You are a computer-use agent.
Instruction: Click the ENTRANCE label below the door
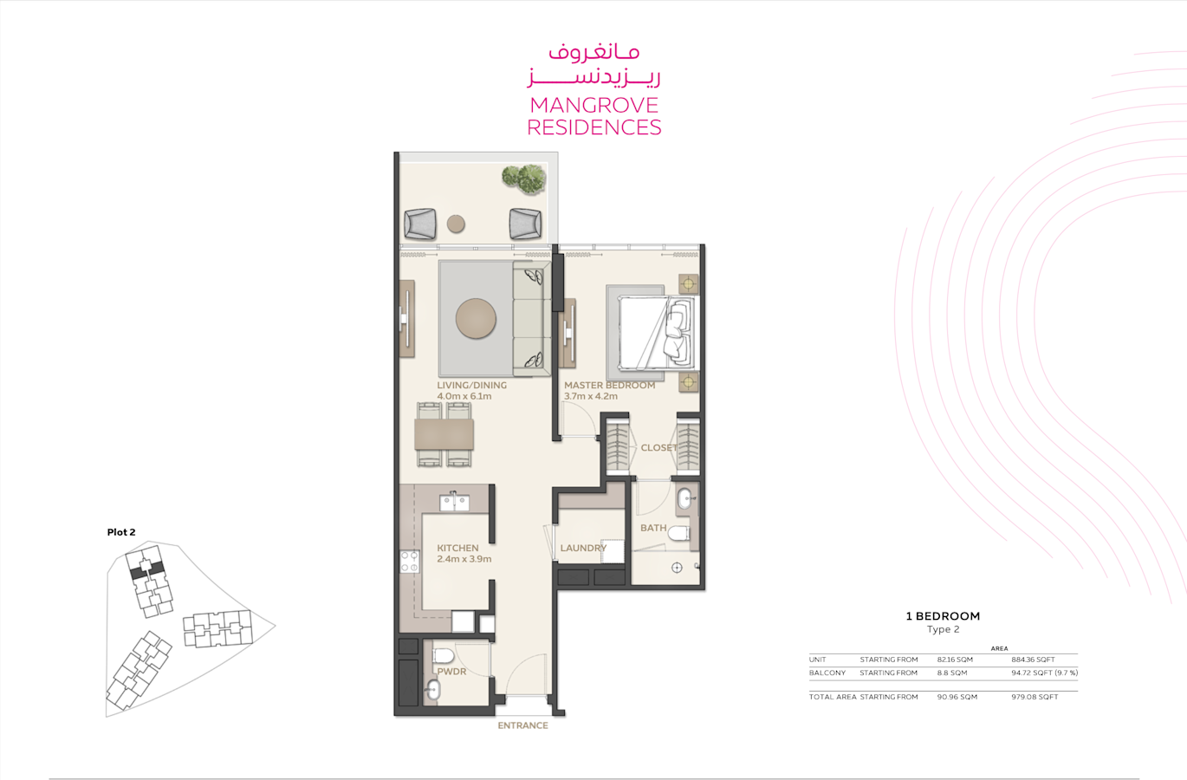coord(522,725)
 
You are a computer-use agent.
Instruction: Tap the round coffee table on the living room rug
coord(476,318)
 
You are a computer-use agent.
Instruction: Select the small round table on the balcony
coord(456,224)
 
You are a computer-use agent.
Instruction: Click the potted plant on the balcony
coord(524,179)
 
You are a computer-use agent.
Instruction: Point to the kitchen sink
coord(454,502)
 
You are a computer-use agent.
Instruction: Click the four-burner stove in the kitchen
coord(409,562)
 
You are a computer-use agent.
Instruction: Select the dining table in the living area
coord(444,434)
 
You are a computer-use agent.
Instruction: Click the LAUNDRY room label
coord(583,548)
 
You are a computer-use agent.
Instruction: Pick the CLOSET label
coord(658,448)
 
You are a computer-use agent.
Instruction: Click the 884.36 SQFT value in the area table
coord(1033,660)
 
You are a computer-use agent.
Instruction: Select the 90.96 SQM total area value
coord(957,697)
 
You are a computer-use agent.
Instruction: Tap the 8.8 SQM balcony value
coord(951,673)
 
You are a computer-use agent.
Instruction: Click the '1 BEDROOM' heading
coord(943,616)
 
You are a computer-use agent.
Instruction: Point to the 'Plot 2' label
coord(121,532)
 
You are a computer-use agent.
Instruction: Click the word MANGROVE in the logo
coord(594,105)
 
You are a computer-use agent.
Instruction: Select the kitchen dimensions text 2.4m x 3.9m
coord(464,559)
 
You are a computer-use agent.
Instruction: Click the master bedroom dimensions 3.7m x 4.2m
coord(590,396)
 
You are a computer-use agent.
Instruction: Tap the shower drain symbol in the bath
coord(677,568)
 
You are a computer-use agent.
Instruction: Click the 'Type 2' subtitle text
coord(944,629)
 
